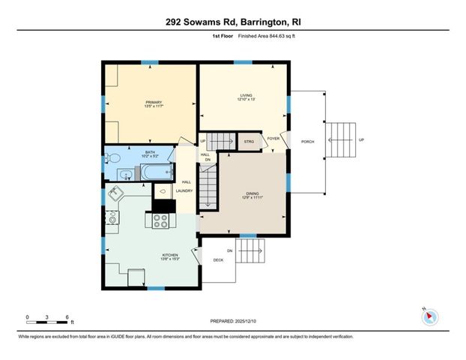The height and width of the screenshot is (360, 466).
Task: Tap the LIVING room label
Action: [x=246, y=96]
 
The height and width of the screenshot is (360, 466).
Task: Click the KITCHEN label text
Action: [x=170, y=256]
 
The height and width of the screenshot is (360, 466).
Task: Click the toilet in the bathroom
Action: [x=112, y=158]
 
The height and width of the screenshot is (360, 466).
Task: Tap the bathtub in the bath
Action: [x=158, y=175]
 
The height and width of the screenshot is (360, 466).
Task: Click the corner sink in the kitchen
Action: [x=116, y=194]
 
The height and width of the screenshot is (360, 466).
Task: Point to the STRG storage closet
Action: [x=247, y=140]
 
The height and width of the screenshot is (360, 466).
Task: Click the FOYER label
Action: [x=273, y=139]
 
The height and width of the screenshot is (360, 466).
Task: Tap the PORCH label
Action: [x=307, y=141]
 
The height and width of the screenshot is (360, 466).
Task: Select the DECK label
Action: [x=219, y=260]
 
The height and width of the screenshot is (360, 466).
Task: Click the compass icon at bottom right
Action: [x=430, y=316]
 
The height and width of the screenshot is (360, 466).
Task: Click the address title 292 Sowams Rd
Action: [x=232, y=22]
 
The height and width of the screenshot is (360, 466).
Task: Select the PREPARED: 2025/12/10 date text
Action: [x=232, y=321]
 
